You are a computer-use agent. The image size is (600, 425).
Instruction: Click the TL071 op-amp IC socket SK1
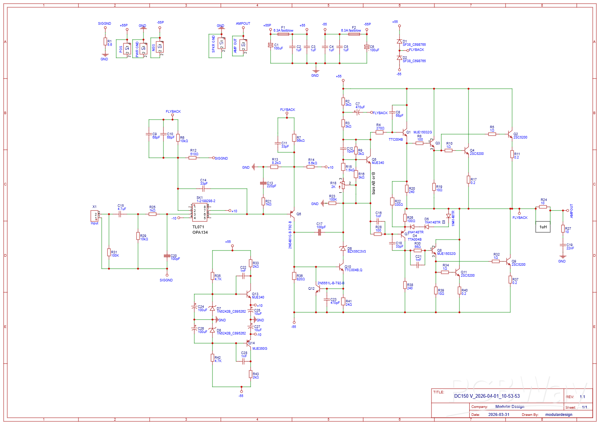(200, 212)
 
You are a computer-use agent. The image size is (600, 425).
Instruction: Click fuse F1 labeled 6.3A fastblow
(283, 34)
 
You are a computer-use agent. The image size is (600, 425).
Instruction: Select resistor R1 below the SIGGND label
(105, 42)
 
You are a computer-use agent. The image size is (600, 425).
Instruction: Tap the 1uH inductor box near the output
(543, 227)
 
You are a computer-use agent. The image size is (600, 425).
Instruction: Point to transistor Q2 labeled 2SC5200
(510, 135)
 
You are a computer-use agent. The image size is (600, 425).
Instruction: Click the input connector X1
(94, 216)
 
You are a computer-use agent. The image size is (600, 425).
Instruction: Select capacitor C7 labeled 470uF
(358, 112)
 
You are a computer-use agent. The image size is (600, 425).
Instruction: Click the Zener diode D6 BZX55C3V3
(343, 249)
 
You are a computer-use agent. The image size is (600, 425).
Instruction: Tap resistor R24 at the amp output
(543, 207)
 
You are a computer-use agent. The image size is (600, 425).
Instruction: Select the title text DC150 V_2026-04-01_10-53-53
(487, 396)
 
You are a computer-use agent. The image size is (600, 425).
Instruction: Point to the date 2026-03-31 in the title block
(499, 414)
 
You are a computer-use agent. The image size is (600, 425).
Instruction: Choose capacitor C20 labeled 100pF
(167, 256)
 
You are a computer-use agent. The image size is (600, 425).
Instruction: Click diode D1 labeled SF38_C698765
(399, 42)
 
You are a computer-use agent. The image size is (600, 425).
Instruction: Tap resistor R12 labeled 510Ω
(192, 158)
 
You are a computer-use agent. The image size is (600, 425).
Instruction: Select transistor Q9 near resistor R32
(508, 261)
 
